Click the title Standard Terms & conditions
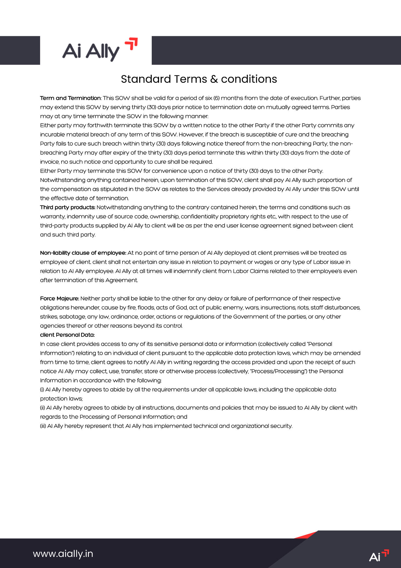(x=199, y=79)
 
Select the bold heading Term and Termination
(x=70, y=98)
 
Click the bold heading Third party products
(x=67, y=207)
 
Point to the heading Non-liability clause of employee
(x=83, y=253)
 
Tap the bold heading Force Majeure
(x=60, y=298)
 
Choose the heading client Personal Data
(x=67, y=335)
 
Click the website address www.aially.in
(x=63, y=553)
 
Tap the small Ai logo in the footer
(x=379, y=555)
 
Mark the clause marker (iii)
(x=43, y=426)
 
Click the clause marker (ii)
(x=43, y=408)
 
